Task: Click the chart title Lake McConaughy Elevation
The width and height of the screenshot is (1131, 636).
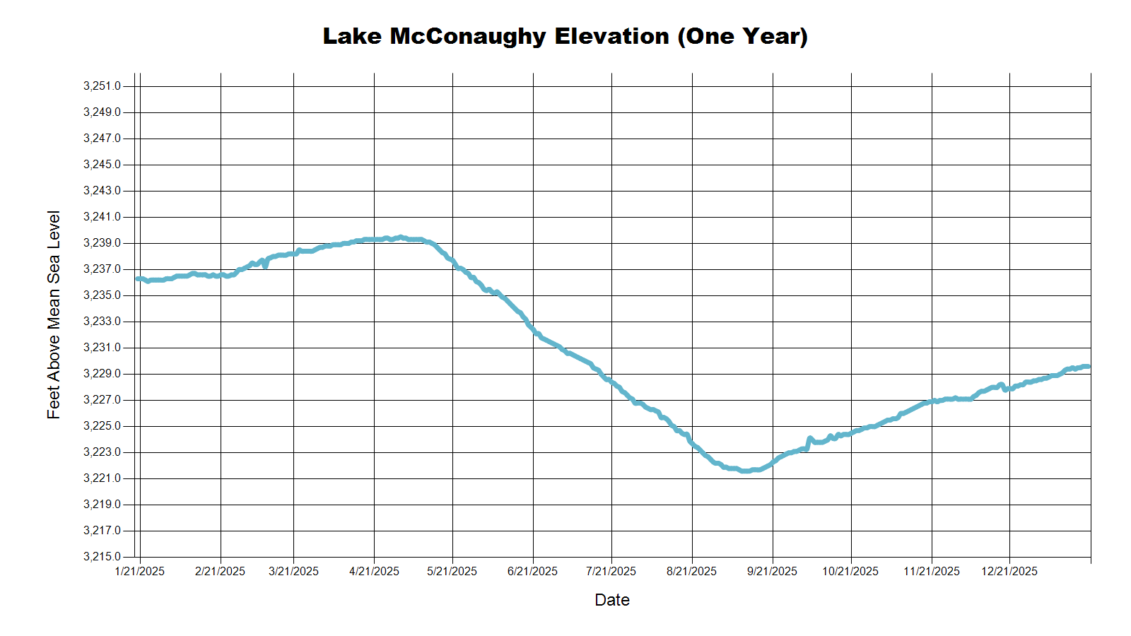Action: click(565, 36)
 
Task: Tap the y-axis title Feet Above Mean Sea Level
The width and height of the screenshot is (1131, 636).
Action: click(54, 314)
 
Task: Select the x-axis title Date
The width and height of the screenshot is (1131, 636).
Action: click(612, 600)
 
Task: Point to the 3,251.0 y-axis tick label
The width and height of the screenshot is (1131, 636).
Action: click(102, 86)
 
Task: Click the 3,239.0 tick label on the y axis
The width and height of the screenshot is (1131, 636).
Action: click(102, 243)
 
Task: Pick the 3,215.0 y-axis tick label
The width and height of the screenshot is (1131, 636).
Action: click(102, 557)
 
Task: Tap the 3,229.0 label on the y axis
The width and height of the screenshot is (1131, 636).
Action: click(102, 374)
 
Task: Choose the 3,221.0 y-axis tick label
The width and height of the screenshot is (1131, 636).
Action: click(102, 478)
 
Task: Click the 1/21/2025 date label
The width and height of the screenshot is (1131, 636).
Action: click(140, 571)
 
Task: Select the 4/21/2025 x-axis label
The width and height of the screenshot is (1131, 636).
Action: click(374, 571)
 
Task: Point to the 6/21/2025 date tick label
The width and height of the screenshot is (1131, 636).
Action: click(532, 571)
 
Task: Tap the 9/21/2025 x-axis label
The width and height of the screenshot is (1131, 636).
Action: click(772, 571)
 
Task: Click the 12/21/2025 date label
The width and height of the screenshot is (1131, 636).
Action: click(1009, 571)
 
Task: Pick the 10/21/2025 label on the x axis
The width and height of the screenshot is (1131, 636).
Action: click(850, 571)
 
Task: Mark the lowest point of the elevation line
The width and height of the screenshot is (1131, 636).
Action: click(745, 471)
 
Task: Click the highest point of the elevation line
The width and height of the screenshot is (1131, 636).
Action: click(401, 237)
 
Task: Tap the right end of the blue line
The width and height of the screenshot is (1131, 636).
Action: click(1089, 367)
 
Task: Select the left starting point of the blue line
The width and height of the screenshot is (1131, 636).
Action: click(138, 278)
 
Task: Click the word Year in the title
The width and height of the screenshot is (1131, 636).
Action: click(771, 36)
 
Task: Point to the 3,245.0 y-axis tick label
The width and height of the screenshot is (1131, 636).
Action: click(102, 165)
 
